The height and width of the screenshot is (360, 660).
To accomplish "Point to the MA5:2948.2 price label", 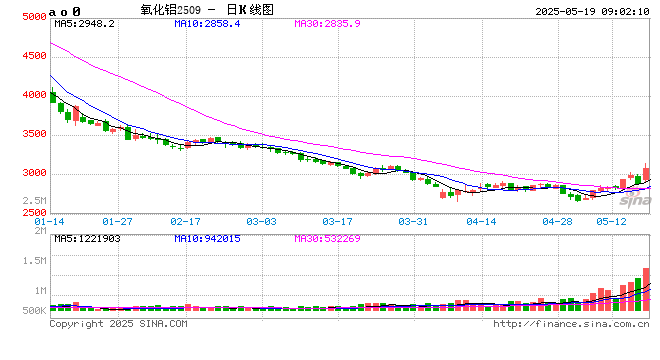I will pyautogui.click(x=84, y=22).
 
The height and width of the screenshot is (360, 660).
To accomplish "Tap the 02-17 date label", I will pyautogui.click(x=186, y=221).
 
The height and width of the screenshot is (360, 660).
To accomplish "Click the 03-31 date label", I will pyautogui.click(x=413, y=221).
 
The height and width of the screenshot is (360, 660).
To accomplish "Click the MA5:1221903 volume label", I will pyautogui.click(x=88, y=238).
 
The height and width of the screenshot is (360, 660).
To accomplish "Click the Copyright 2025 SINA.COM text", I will pyautogui.click(x=118, y=324).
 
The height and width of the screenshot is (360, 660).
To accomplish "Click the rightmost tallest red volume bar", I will pyautogui.click(x=646, y=290).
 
